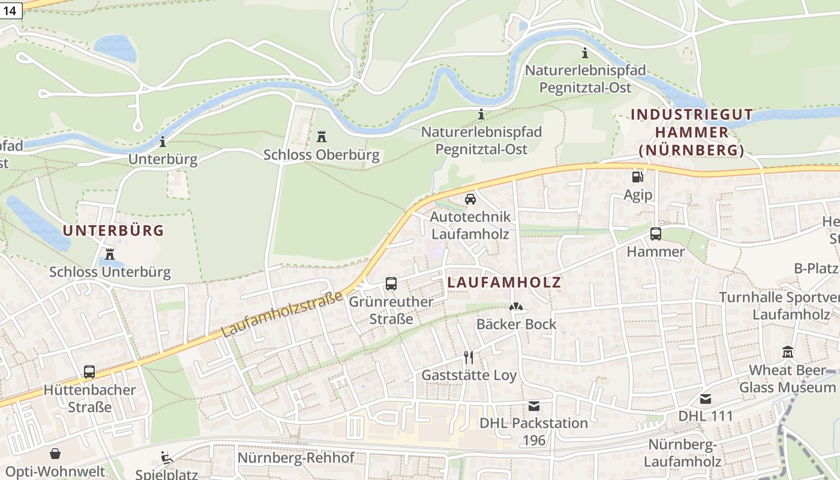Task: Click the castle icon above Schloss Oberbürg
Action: [322, 137]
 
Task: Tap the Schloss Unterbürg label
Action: [110, 272]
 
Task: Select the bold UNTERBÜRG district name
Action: [113, 230]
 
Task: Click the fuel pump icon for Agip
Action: [637, 176]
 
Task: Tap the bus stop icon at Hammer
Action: [656, 234]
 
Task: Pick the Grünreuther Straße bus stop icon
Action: [391, 283]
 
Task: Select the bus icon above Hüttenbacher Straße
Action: [89, 372]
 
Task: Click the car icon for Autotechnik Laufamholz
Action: [470, 199]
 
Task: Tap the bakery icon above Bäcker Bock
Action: [516, 307]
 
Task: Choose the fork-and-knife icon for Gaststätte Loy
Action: [469, 358]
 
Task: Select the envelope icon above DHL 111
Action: [706, 398]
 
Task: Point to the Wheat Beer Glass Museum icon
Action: [787, 352]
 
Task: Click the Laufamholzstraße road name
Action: [282, 314]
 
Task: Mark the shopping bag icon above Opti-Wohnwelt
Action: [55, 454]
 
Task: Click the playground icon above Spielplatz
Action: [166, 458]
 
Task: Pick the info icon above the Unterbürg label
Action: [163, 142]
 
